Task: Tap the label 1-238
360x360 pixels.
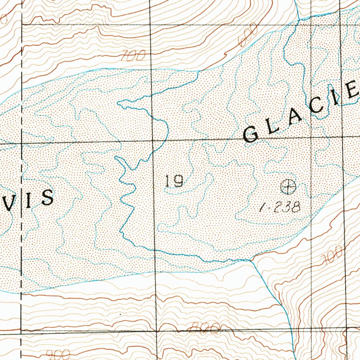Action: [280, 207]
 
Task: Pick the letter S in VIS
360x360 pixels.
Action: [47, 198]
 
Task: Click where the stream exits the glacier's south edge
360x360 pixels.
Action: [250, 261]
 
